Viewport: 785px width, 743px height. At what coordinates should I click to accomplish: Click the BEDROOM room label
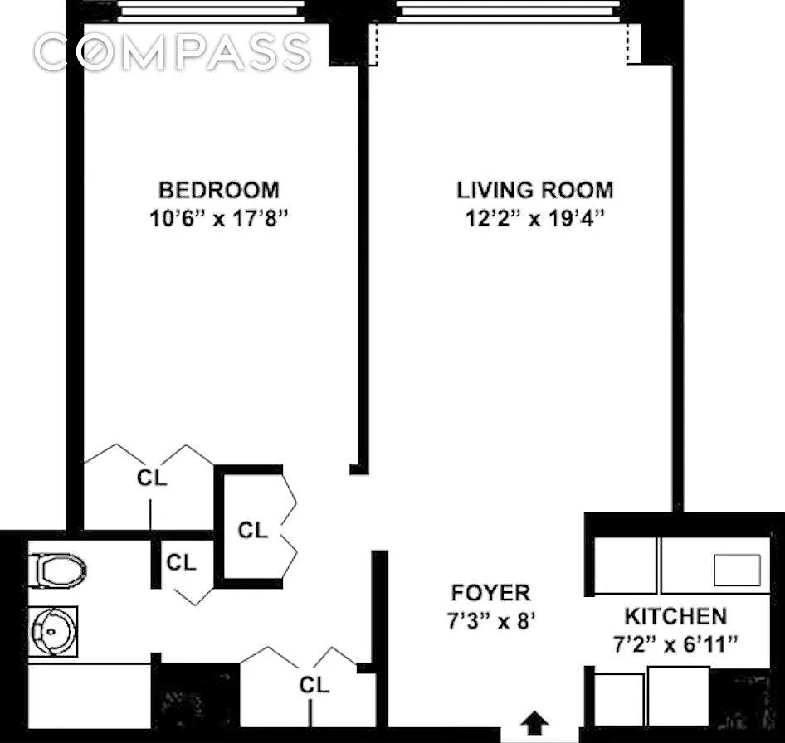tap(219, 190)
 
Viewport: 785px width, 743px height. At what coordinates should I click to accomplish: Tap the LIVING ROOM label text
tap(534, 190)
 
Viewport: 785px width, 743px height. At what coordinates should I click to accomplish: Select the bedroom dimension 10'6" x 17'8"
tap(219, 218)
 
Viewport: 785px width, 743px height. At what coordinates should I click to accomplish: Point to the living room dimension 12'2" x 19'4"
tap(534, 218)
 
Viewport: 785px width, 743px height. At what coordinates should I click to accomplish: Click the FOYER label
tap(490, 593)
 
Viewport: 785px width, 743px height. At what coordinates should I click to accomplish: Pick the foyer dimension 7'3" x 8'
tap(490, 621)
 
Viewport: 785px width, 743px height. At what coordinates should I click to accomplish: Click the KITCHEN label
tap(675, 616)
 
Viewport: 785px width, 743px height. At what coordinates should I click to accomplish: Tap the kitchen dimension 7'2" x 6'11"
tap(675, 644)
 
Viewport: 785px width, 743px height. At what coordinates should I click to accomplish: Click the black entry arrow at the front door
tap(534, 723)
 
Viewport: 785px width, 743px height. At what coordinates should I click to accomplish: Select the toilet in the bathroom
tap(57, 571)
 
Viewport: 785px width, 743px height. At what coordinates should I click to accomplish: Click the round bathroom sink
tap(53, 631)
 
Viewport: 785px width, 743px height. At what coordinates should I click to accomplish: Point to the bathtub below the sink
tap(90, 696)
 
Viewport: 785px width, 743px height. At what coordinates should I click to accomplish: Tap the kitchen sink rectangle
tap(737, 570)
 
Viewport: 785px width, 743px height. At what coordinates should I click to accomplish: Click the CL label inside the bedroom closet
tap(152, 478)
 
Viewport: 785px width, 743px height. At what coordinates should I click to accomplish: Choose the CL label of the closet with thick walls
tap(253, 531)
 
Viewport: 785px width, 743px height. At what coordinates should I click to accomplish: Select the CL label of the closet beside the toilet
tap(181, 563)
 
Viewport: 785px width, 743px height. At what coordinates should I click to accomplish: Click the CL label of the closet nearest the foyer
tap(314, 685)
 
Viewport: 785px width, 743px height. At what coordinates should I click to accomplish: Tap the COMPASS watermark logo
tap(173, 51)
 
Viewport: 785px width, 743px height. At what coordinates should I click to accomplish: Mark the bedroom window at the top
tap(211, 11)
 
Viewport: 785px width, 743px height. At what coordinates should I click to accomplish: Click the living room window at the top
tap(508, 11)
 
